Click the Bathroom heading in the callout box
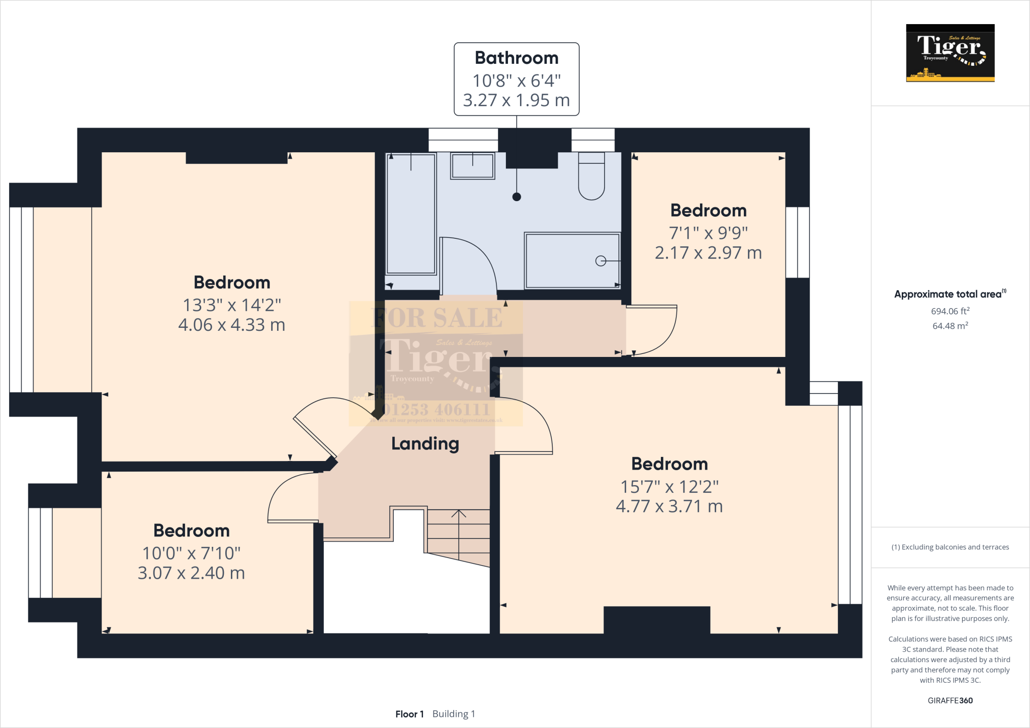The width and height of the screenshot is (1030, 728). [517, 58]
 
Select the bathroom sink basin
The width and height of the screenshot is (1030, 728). [472, 166]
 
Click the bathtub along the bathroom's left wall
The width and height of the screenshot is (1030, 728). [411, 214]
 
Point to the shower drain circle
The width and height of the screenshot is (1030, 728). [600, 261]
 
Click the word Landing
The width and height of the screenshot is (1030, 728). [425, 443]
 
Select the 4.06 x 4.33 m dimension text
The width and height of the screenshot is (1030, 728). [232, 325]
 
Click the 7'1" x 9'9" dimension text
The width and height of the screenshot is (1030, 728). [708, 233]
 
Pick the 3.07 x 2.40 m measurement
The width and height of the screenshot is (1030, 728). [192, 573]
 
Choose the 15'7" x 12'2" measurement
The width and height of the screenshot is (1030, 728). [669, 487]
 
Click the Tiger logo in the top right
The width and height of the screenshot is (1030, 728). [950, 53]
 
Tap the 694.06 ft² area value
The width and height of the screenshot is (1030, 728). [950, 311]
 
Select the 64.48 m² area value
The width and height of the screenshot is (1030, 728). [950, 326]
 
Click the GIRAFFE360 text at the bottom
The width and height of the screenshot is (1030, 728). [950, 700]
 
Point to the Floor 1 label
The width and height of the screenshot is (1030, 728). [409, 714]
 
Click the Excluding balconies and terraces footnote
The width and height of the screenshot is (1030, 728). [950, 547]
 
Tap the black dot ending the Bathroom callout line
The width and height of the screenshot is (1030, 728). [517, 197]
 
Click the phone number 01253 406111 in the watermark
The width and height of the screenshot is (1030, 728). [436, 410]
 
